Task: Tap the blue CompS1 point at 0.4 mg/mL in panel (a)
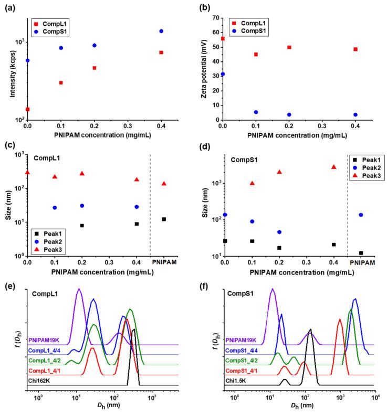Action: [x=161, y=31]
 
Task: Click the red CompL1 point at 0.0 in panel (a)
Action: [x=28, y=109]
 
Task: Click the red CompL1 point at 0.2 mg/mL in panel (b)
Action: [x=289, y=47]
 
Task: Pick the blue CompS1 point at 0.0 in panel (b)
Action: [x=223, y=74]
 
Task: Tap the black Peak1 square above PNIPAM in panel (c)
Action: [x=164, y=219]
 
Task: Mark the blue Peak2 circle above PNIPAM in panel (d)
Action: [x=360, y=215]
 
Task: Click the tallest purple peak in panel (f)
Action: [x=272, y=289]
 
